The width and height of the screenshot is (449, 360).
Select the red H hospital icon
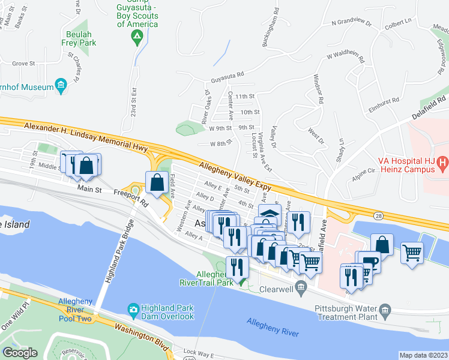tap(442, 161)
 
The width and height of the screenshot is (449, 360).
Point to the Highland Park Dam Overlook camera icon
tap(133, 310)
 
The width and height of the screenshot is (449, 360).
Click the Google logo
tap(20, 353)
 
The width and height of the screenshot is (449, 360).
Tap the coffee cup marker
tap(371, 263)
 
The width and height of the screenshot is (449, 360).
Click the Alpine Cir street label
tap(363, 170)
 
